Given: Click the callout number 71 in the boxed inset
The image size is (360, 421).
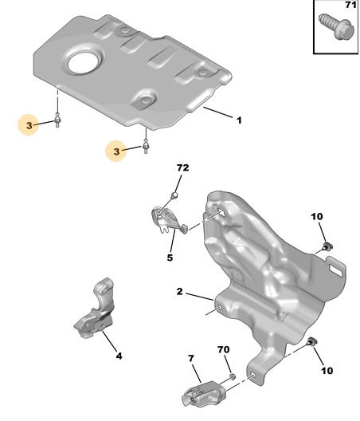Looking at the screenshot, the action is pos(350,5).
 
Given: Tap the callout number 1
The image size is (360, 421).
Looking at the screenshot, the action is pos(239,120).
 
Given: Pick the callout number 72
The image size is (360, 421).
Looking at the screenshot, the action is pos(182,167).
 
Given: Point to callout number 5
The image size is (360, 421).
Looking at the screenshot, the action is pos(170,258).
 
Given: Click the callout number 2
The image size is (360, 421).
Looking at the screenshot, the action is pos(179,291).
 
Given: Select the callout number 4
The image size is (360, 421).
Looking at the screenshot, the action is pos(119,356).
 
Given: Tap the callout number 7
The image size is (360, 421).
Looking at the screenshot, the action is pos(190,359).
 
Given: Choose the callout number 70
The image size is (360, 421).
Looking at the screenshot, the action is pos(224,349).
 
